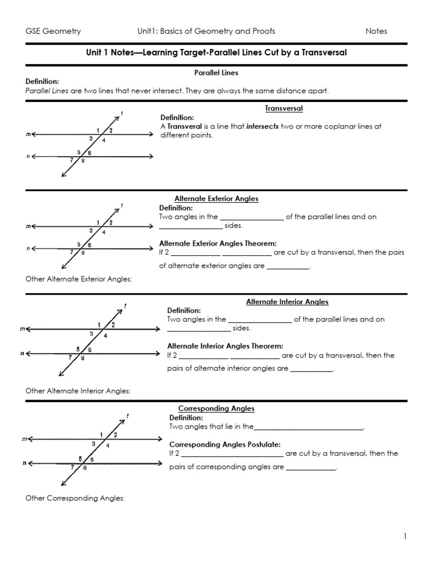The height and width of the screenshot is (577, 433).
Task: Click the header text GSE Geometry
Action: tap(54, 31)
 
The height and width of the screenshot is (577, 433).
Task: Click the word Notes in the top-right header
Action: tap(377, 31)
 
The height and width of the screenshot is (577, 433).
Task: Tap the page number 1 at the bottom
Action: tap(405, 536)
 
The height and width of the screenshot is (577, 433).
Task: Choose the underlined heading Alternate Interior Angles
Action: tap(287, 301)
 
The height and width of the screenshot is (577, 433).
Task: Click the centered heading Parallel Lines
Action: tap(216, 73)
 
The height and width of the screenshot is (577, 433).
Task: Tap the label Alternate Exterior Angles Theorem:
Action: tap(218, 243)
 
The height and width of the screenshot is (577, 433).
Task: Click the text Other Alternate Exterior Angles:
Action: tap(78, 278)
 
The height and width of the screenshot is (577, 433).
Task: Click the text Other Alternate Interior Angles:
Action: tap(78, 390)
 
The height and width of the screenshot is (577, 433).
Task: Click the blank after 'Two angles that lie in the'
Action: tap(309, 428)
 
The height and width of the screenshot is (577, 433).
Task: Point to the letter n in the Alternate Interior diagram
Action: tap(22, 354)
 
